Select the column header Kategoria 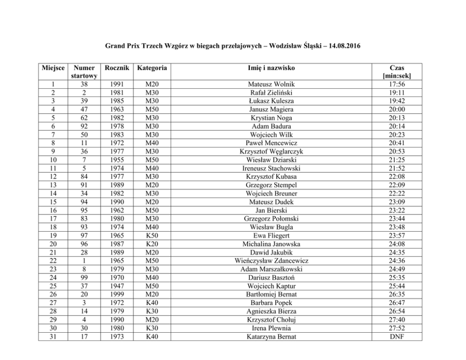[x=151, y=68]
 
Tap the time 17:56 [x=396, y=84]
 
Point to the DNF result [x=396, y=337]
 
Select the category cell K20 [x=151, y=244]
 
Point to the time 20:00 [x=396, y=110]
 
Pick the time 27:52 [x=396, y=328]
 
